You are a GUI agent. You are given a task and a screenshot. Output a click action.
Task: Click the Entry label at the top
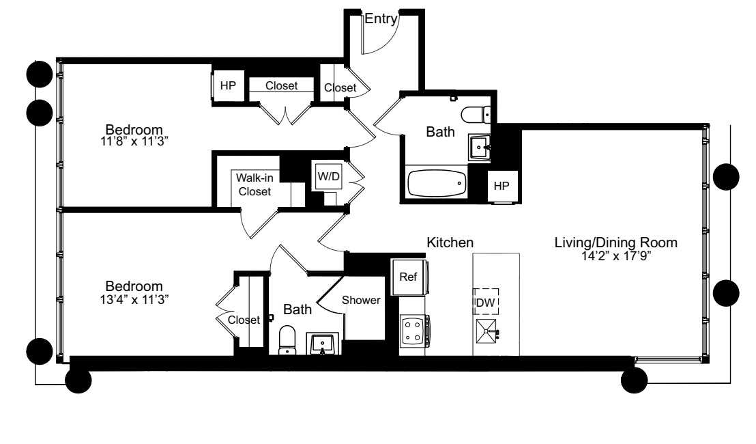click(x=380, y=20)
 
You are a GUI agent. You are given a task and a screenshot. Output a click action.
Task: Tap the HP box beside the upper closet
click(x=227, y=86)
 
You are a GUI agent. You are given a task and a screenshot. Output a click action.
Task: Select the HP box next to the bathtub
click(x=501, y=186)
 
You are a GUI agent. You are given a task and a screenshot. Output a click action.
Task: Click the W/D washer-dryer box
click(x=328, y=176)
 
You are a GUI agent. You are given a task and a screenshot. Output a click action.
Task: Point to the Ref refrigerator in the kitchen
click(x=409, y=277)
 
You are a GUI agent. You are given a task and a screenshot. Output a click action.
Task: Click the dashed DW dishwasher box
click(x=486, y=301)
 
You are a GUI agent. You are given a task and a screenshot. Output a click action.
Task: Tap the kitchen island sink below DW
click(x=487, y=332)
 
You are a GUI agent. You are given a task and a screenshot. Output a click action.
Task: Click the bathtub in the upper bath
click(x=437, y=183)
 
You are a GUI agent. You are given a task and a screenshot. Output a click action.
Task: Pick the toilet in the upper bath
click(x=476, y=113)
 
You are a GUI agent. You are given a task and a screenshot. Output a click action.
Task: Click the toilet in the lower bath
click(x=287, y=339)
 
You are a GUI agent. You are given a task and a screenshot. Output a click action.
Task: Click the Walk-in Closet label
click(x=255, y=185)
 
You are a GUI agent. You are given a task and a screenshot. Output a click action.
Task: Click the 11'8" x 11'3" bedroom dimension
click(x=134, y=143)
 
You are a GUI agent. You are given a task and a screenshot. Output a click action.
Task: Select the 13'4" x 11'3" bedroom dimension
click(x=134, y=299)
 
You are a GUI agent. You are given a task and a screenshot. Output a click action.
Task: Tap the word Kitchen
click(x=450, y=242)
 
